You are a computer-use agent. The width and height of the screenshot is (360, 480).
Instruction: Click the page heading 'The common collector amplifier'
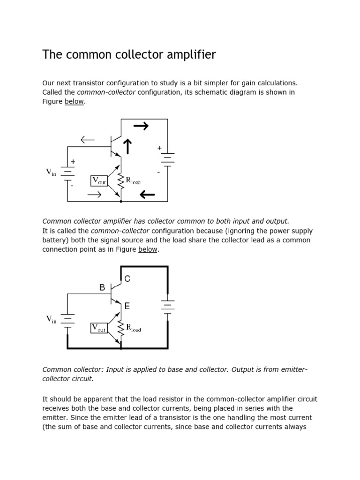[x=129, y=55]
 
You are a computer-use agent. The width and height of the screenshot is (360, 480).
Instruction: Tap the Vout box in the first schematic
[x=99, y=180]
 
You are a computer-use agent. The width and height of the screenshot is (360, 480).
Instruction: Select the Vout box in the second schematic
[x=99, y=328]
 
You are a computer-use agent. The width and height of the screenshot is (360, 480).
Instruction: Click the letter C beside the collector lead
[x=127, y=279]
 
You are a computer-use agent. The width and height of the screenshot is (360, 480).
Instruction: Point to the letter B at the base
[x=102, y=288]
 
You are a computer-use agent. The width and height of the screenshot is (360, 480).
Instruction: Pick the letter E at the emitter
[x=127, y=306]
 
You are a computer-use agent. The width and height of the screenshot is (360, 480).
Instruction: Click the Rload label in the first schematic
[x=133, y=181]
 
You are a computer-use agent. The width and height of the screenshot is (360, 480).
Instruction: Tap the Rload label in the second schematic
[x=133, y=328]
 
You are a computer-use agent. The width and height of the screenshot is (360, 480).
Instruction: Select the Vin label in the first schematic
[x=51, y=172]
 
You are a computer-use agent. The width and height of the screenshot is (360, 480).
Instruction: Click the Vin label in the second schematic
[x=51, y=320]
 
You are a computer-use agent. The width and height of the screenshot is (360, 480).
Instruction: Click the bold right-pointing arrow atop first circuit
[x=141, y=126]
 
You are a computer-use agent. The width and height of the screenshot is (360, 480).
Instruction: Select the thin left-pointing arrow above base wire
[x=88, y=139]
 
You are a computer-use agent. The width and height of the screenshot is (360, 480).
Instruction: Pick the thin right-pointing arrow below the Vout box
[x=94, y=195]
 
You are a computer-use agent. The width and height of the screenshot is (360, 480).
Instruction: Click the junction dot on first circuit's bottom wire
[x=121, y=201]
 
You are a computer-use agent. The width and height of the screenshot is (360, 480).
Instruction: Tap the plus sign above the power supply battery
[x=159, y=148]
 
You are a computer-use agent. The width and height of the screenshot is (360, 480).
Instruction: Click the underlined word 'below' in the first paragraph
[x=75, y=102]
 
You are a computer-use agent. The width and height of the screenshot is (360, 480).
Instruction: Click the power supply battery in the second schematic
[x=167, y=307]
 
